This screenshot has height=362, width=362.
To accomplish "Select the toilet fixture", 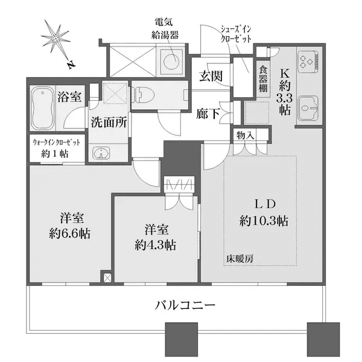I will click(x=143, y=94).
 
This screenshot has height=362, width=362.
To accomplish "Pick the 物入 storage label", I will click(x=245, y=134).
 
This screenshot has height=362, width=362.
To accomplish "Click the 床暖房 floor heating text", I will click(x=240, y=259).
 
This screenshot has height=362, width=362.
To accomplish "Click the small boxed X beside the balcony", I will click(x=107, y=278).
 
